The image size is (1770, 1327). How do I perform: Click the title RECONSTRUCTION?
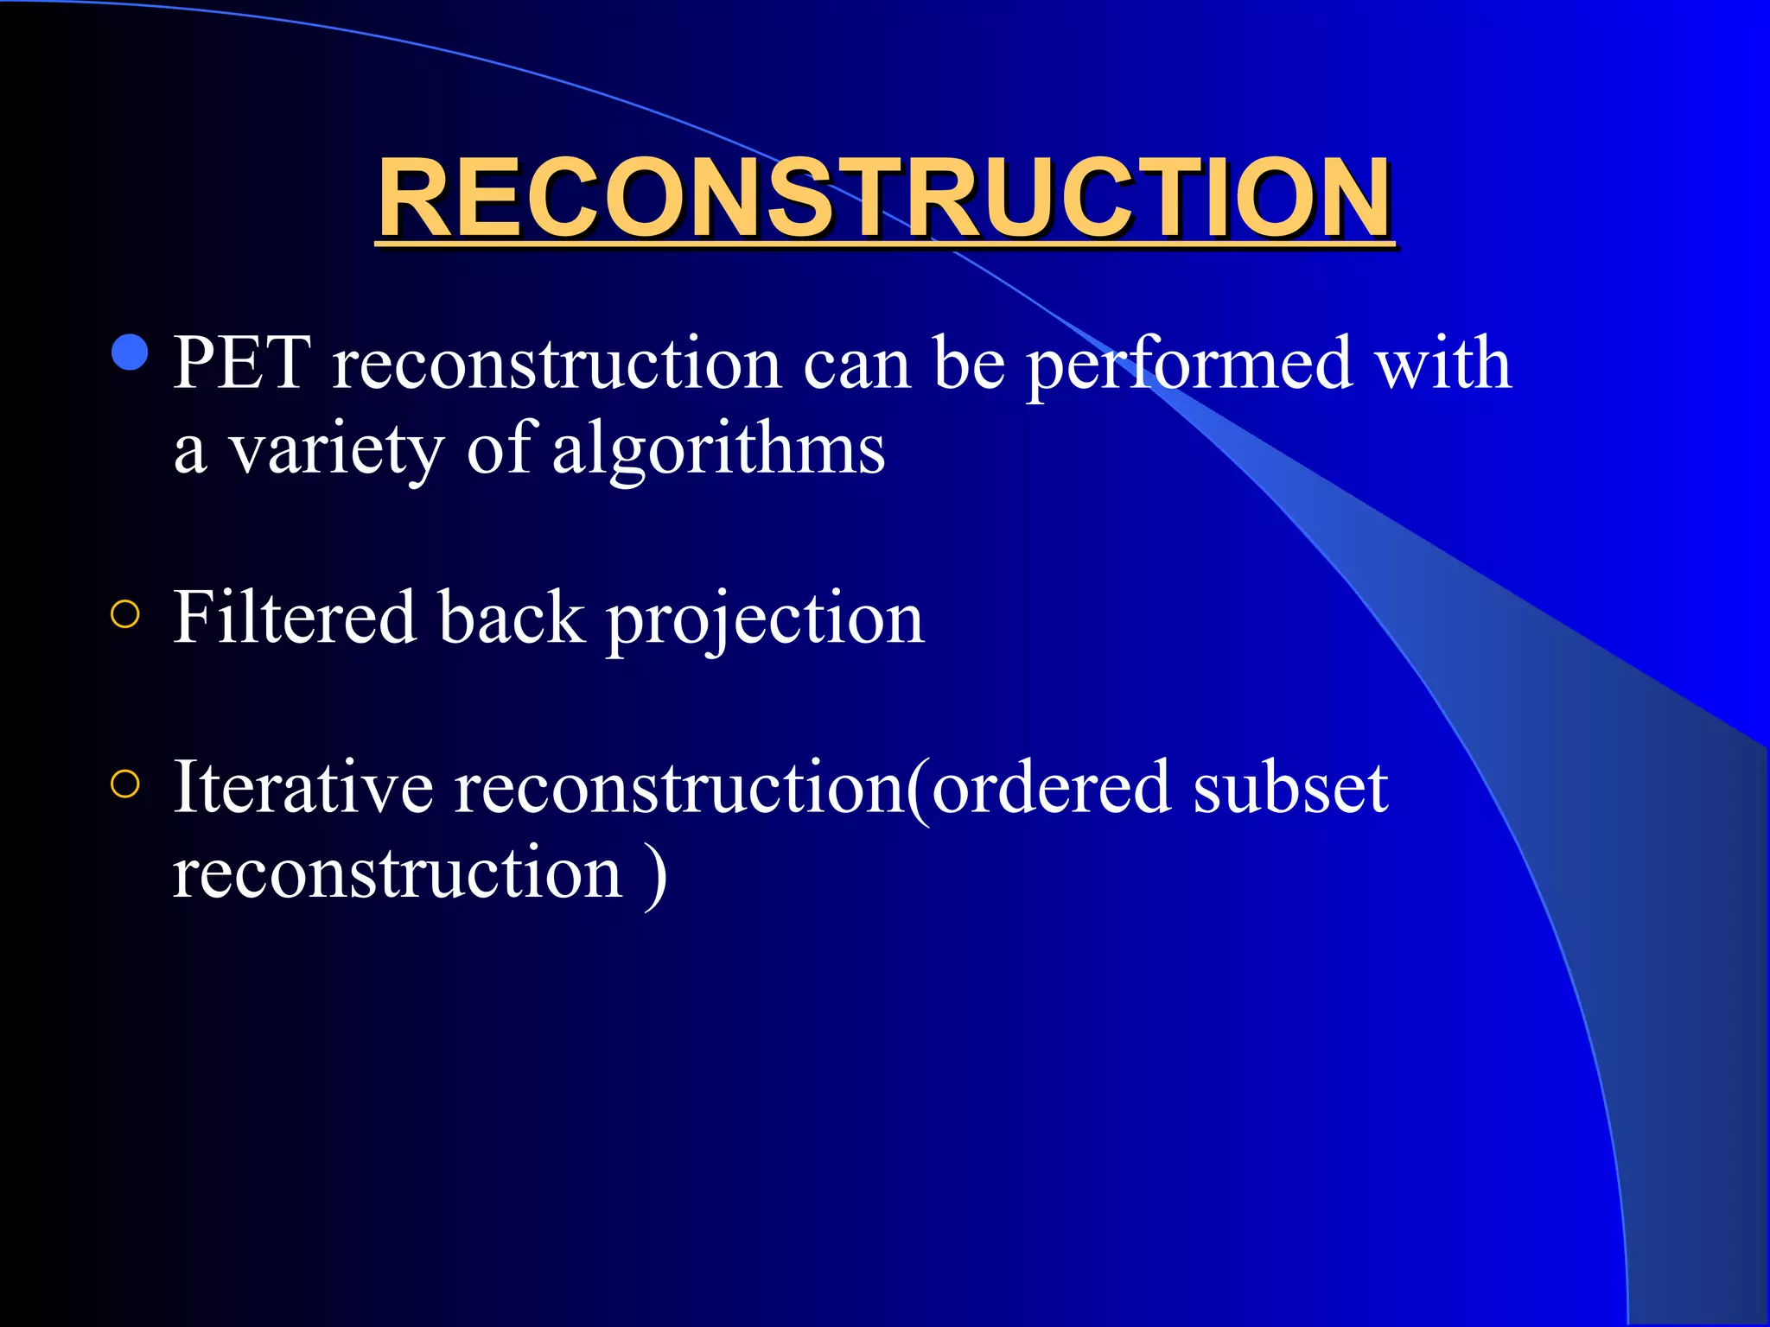(x=884, y=199)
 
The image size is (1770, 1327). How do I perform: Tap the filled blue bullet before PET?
(x=131, y=352)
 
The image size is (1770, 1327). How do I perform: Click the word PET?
(x=242, y=363)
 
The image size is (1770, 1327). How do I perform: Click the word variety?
(x=335, y=451)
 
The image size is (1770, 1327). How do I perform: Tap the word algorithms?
(x=717, y=451)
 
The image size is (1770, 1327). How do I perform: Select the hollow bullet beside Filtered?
(x=125, y=614)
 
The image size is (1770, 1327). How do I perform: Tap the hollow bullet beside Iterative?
(x=125, y=784)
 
